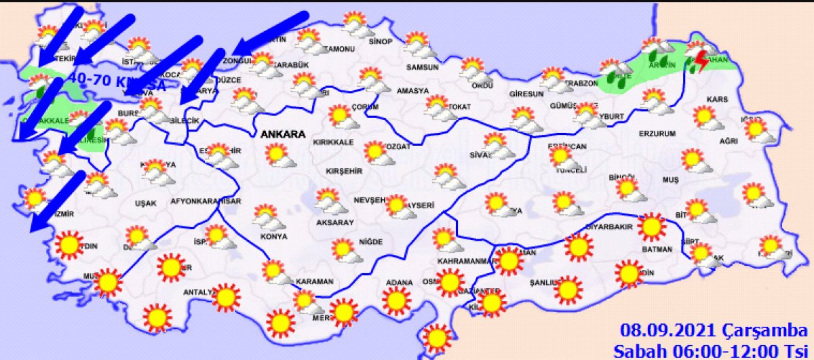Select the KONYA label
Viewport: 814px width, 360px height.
click(x=273, y=237)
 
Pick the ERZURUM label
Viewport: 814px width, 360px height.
click(x=657, y=134)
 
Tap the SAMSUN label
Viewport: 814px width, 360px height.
click(x=423, y=68)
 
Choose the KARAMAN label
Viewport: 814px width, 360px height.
click(x=316, y=281)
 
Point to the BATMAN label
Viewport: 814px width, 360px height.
click(x=657, y=249)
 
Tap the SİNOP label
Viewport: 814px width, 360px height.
click(x=381, y=42)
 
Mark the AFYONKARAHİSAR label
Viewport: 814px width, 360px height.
click(x=206, y=201)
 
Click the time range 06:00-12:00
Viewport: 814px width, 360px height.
click(x=726, y=351)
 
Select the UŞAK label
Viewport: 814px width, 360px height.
click(x=146, y=203)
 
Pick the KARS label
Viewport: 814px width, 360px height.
click(x=717, y=100)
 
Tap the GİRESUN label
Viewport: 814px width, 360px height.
click(x=526, y=95)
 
